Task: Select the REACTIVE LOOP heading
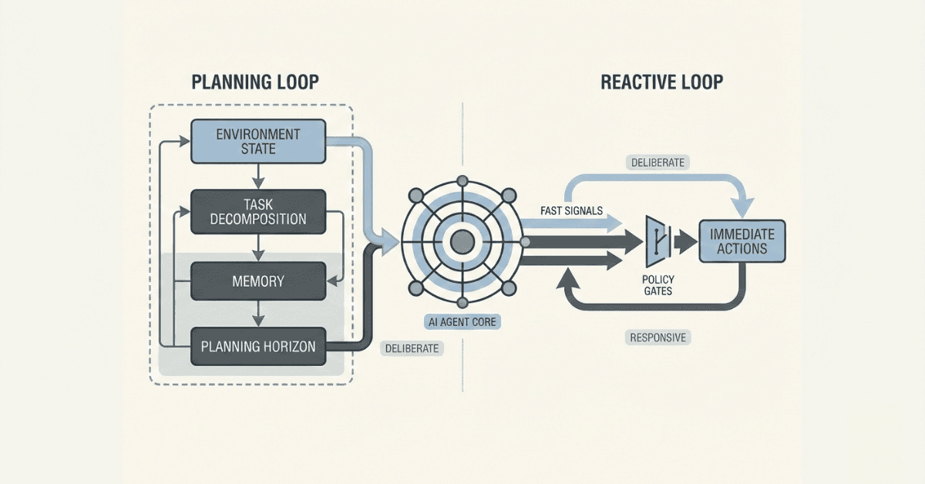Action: coord(661,82)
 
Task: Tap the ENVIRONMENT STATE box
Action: coord(257,142)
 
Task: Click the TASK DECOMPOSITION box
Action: coord(257,211)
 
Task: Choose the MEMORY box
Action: coord(257,281)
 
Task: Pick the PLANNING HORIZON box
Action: coord(257,347)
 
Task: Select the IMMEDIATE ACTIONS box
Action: coord(742,240)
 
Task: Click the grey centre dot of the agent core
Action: coord(462,242)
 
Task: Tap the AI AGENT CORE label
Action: coord(462,323)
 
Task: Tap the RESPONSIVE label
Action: coord(658,338)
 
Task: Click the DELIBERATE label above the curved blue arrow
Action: coord(658,163)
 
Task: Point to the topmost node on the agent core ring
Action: coord(462,181)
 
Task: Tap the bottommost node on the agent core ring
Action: coord(462,302)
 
